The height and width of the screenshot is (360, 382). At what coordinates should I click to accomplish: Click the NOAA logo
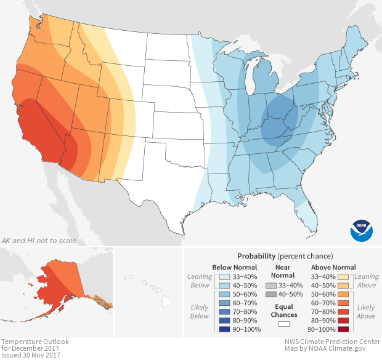(361, 229)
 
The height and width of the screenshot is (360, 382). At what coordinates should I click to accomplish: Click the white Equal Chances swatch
(283, 324)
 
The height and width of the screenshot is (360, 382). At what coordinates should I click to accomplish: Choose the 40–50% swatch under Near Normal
(270, 295)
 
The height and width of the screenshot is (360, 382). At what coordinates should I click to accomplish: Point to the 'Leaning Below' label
(200, 281)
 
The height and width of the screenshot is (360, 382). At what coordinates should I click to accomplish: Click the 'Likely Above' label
(366, 311)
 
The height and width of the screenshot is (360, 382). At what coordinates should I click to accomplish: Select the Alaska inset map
(62, 289)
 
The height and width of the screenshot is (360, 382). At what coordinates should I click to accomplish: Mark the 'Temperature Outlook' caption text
(35, 341)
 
